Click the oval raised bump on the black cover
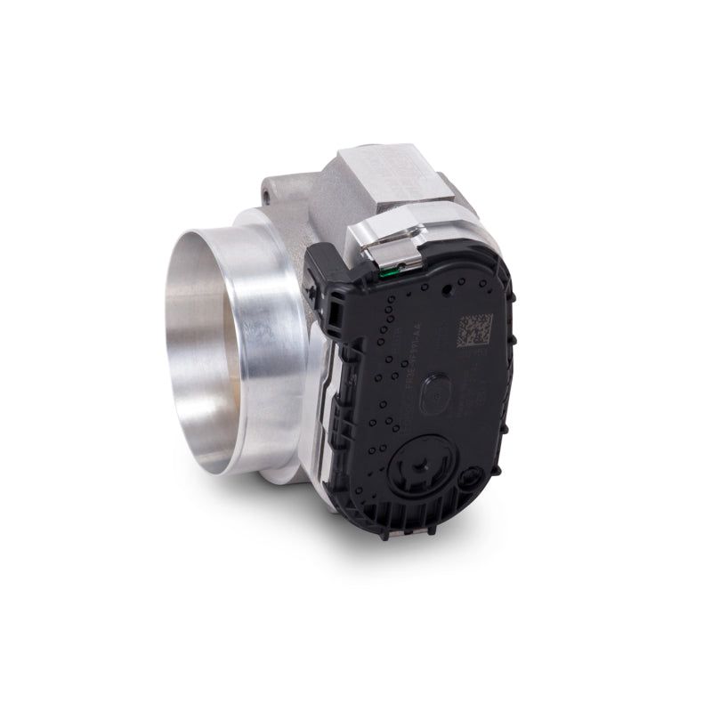[x=432, y=393]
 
